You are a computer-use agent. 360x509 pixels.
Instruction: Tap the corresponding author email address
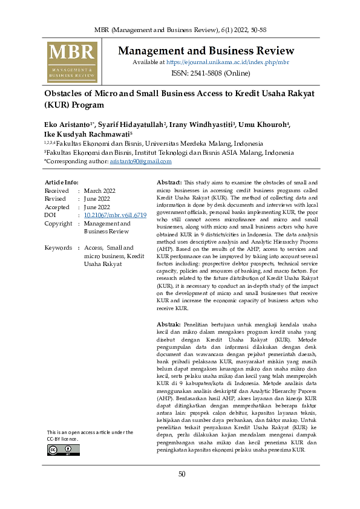(140, 161)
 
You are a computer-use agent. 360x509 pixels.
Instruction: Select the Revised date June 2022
(97, 199)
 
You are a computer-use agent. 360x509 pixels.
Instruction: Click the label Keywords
(58, 248)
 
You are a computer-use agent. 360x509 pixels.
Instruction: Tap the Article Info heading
(62, 182)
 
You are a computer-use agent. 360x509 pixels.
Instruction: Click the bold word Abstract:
(169, 182)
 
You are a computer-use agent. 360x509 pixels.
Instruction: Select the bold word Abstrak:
(168, 325)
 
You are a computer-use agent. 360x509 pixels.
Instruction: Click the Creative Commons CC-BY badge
(64, 450)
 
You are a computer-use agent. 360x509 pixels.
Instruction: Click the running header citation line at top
(180, 30)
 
